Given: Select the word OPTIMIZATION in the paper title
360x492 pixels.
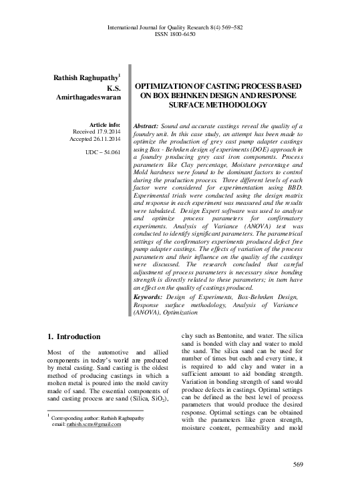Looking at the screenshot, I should click(x=166, y=87).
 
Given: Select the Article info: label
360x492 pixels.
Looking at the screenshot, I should click(x=104, y=125).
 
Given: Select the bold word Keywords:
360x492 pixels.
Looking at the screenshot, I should click(x=151, y=296).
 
